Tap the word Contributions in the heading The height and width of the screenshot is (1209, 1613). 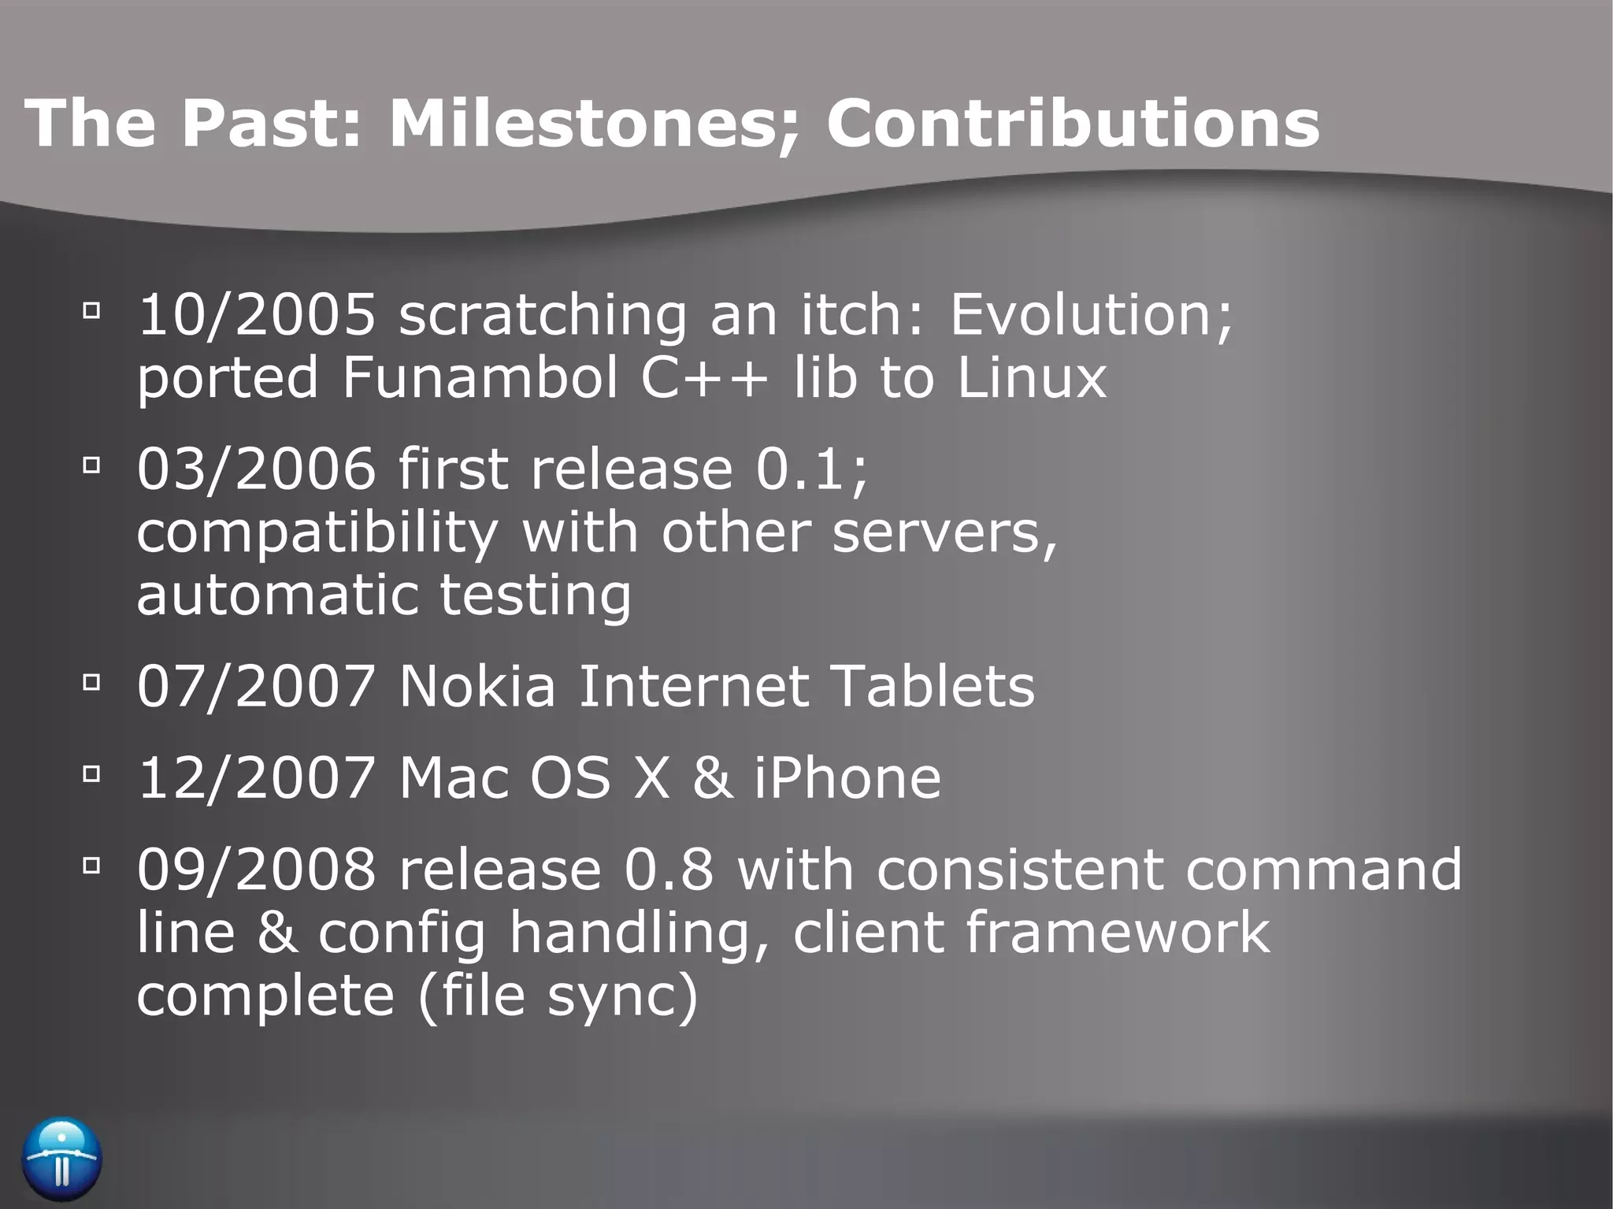[x=1073, y=124]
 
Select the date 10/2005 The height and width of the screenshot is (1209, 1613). [x=257, y=314]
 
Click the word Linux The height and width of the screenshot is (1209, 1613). [x=1032, y=377]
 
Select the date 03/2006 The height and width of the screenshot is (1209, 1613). [x=257, y=469]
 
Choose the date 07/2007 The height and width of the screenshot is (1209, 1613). [x=257, y=686]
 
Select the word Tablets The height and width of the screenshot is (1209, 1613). [x=933, y=686]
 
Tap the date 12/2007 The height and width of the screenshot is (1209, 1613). [x=257, y=777]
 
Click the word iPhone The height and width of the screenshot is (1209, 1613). [x=847, y=777]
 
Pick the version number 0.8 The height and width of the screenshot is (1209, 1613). [x=669, y=870]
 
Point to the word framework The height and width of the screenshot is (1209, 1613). [x=1118, y=933]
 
